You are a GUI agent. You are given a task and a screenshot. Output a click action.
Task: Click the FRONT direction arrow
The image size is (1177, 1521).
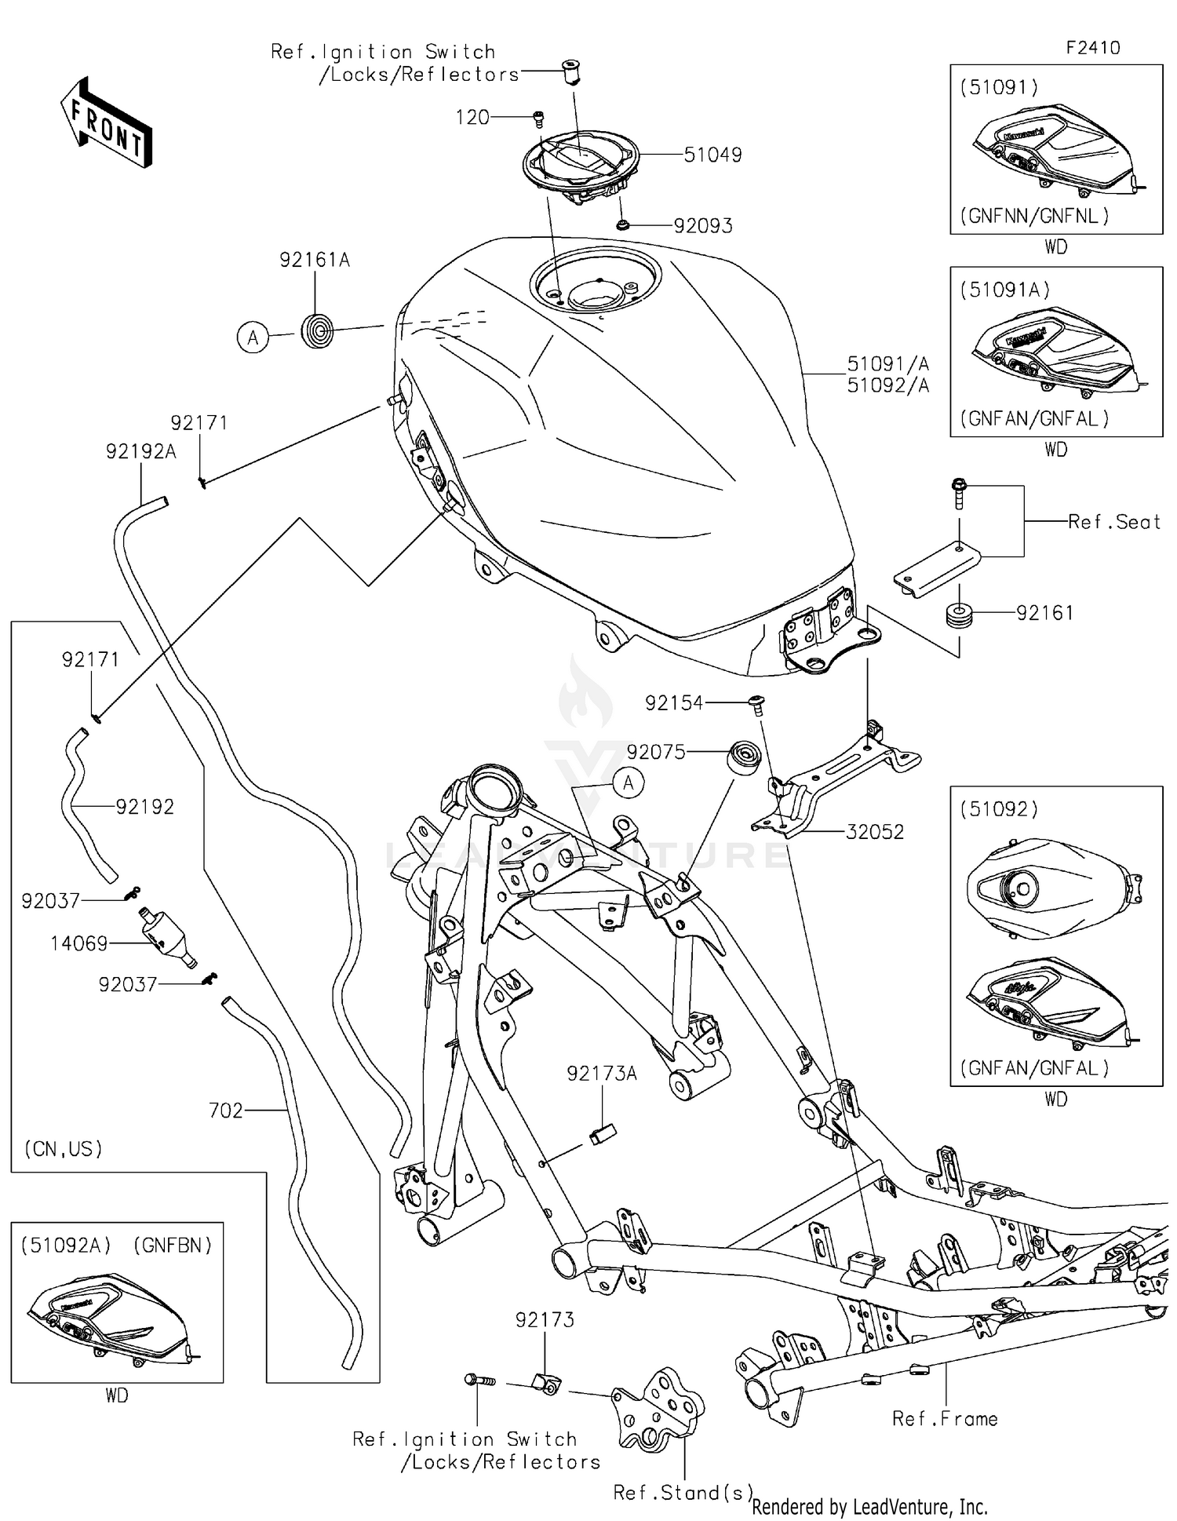coord(107,122)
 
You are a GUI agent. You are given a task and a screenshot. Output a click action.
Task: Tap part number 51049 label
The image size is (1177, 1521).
coord(712,155)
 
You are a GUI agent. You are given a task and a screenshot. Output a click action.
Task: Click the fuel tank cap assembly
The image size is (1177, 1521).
coord(581,166)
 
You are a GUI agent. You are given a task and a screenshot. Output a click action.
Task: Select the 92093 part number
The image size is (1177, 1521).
coord(703,226)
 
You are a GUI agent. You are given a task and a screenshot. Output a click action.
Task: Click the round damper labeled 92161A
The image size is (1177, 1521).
coord(318,330)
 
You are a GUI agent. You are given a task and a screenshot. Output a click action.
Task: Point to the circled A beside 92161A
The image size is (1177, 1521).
coord(253,337)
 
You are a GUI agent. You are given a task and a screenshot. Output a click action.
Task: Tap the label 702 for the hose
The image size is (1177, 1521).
coord(226,1111)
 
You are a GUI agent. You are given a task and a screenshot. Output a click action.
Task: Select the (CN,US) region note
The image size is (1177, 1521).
coord(64,1149)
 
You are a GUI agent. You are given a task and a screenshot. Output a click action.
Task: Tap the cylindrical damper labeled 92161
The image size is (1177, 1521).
coord(959,615)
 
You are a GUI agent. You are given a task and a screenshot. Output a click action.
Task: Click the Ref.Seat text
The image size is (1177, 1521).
coord(1114,522)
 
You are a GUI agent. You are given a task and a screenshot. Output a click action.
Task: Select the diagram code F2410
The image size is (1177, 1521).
coord(1092,47)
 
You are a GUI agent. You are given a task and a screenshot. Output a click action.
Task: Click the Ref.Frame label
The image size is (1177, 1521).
coord(945,1419)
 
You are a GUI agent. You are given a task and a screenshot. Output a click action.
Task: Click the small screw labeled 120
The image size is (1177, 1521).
coord(538,119)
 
